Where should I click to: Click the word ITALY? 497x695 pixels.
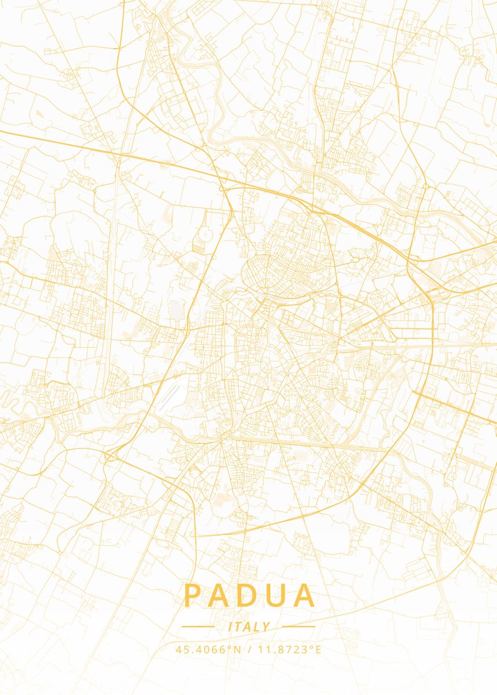[x=249, y=627]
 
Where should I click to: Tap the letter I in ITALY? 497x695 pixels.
[x=230, y=627]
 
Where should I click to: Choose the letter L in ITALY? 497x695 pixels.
[x=257, y=627]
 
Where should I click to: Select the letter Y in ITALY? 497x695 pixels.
[x=266, y=627]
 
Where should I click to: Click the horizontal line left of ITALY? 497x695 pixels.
[x=198, y=626]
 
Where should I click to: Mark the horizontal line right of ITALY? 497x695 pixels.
[x=299, y=626]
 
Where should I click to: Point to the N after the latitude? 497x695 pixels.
[x=237, y=649]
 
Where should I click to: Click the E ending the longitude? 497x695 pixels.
[x=318, y=649]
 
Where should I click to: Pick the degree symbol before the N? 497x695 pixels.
[x=231, y=646]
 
